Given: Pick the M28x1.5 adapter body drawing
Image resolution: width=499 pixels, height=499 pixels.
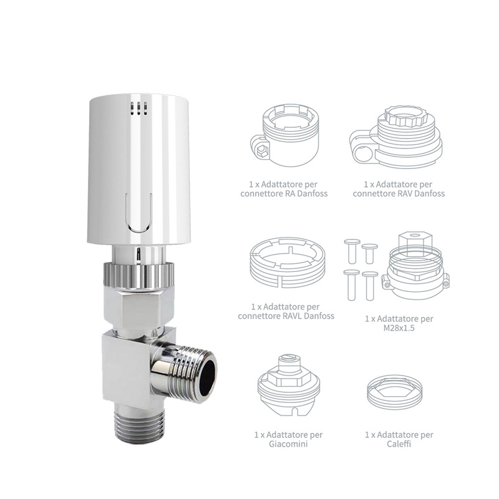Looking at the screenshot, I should pos(416,265).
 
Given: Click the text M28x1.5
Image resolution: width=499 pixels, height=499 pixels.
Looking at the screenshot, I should pos(399,329).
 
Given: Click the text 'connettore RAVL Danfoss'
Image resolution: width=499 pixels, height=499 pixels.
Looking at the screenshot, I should pos(286,316).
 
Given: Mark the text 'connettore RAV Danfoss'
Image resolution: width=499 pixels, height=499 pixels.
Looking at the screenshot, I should pos(399,194).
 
